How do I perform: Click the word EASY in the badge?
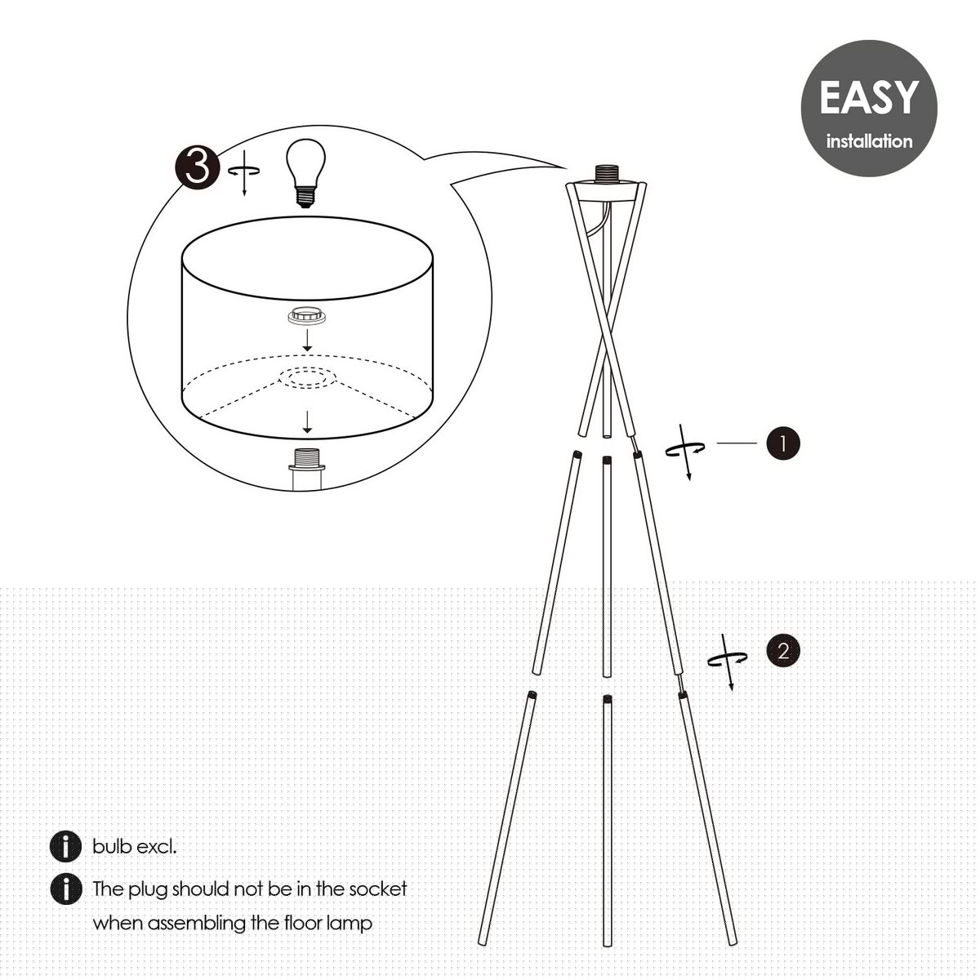869,97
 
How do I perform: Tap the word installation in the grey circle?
869,140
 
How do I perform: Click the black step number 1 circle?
783,443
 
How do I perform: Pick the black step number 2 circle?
783,651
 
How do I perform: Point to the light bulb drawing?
305,173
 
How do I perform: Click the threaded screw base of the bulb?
305,198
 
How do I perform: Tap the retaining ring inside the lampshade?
307,316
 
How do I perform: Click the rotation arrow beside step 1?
685,450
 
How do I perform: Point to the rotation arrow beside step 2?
728,661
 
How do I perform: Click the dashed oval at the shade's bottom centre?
308,378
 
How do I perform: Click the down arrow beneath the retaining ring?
307,340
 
